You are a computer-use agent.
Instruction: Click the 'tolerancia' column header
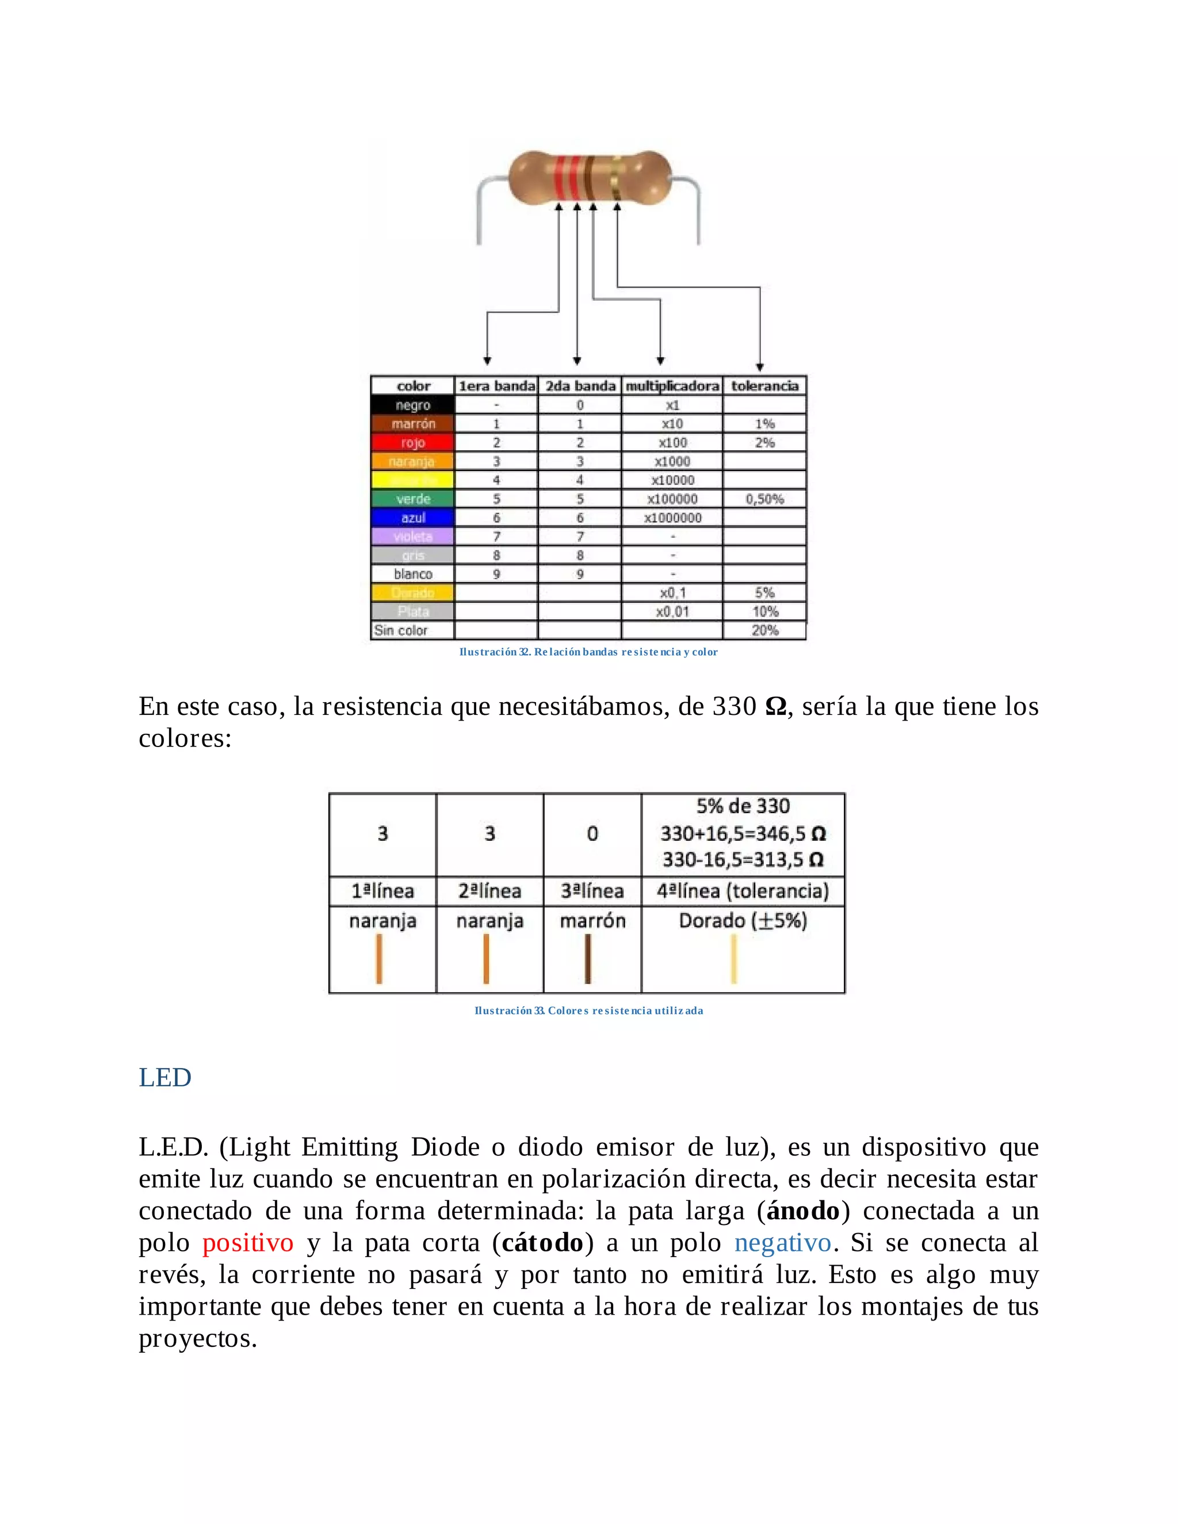coord(764,386)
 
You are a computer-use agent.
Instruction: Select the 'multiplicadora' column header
coord(671,386)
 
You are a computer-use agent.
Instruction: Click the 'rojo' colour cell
coord(412,442)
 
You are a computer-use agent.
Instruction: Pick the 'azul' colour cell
coord(412,518)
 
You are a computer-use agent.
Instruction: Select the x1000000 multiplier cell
coord(672,518)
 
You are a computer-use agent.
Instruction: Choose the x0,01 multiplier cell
coord(672,611)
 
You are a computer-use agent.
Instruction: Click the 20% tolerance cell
coord(764,630)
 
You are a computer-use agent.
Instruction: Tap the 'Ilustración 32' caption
coord(588,652)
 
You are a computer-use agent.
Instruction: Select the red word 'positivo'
coord(248,1243)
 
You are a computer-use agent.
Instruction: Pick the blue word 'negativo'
coord(782,1243)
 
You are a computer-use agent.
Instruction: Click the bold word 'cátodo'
coord(542,1243)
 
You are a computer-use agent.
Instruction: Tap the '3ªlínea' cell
coord(592,891)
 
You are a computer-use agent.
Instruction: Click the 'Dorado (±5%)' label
coord(743,920)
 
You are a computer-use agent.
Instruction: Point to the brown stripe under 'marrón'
coord(588,959)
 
